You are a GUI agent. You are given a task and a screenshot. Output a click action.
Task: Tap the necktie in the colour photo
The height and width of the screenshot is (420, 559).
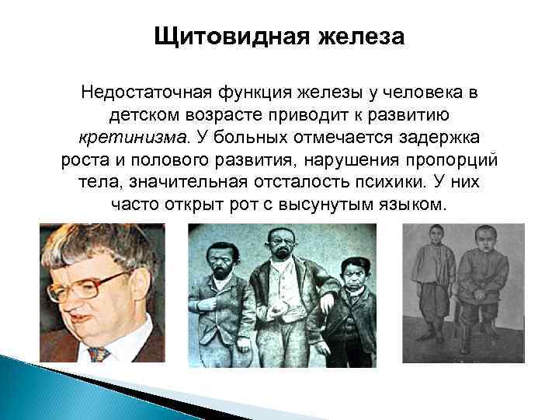pos(96,353)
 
